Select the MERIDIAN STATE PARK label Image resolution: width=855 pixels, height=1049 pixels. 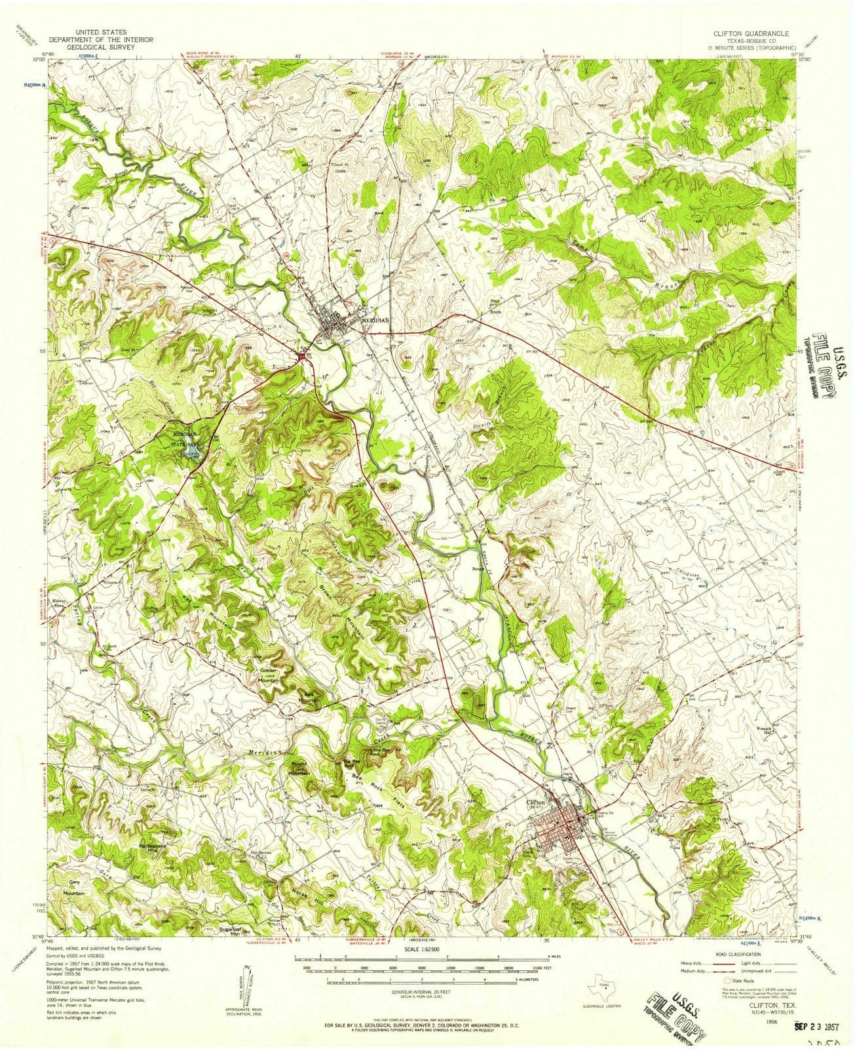pos(183,438)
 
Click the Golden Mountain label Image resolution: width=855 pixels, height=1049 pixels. pos(269,676)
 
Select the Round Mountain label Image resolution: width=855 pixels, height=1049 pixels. pos(298,772)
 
